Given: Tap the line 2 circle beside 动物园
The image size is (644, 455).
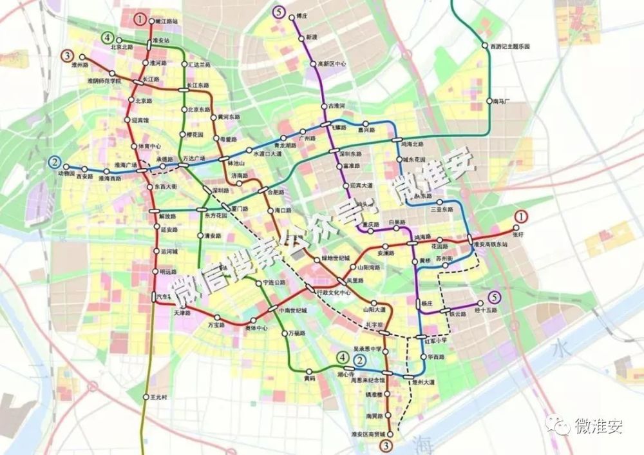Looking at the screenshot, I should pyautogui.click(x=55, y=162).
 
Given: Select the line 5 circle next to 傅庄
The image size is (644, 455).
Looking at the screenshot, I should pyautogui.click(x=279, y=11).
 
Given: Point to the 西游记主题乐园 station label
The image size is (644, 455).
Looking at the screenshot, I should pyautogui.click(x=509, y=46).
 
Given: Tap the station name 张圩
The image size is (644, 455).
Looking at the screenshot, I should pyautogui.click(x=520, y=235).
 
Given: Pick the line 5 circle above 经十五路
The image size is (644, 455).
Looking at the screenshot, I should pyautogui.click(x=494, y=297).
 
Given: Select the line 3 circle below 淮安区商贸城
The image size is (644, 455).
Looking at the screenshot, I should pyautogui.click(x=386, y=445).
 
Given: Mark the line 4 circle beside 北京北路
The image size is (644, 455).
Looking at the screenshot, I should pyautogui.click(x=107, y=37).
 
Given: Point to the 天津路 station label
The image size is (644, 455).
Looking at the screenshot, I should pyautogui.click(x=183, y=313).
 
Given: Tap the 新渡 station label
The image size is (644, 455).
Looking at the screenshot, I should pyautogui.click(x=312, y=36).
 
